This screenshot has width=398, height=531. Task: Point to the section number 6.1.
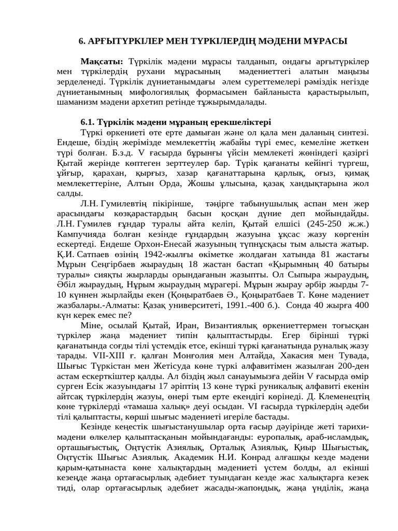pyautogui.click(x=89, y=122)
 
